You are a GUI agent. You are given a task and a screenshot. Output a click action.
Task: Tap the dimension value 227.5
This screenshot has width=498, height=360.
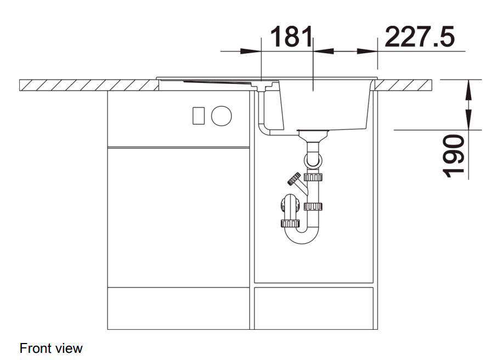420,37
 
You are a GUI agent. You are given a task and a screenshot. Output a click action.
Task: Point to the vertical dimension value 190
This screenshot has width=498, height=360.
453,156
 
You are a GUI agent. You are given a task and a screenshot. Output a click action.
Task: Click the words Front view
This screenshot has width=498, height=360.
51,348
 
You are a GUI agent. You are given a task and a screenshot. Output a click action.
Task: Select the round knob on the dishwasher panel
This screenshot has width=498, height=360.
222,116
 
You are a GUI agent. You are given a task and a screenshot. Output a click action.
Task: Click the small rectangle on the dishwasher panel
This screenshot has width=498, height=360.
199,116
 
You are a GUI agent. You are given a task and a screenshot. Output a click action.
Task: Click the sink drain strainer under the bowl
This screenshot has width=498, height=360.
313,134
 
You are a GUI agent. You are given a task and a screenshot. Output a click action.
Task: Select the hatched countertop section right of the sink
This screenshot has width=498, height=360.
404,85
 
